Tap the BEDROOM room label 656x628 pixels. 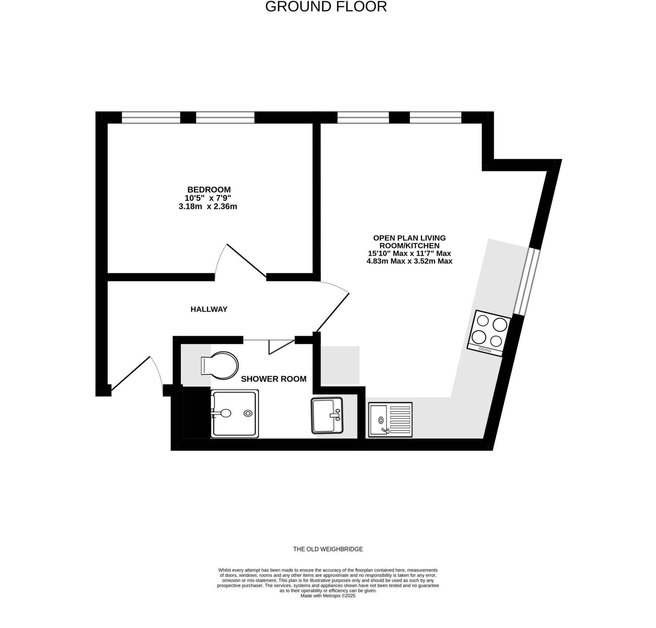tap(209, 190)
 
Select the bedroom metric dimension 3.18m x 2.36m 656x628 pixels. tap(208, 207)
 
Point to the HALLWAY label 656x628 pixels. tap(209, 309)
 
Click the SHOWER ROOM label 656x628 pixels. tap(274, 379)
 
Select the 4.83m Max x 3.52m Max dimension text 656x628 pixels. tap(409, 261)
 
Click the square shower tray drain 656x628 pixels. tap(248, 413)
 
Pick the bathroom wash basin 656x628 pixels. tap(327, 416)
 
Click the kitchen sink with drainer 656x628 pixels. tap(390, 420)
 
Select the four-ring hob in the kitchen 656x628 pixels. tap(489, 333)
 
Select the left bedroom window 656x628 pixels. tap(151, 118)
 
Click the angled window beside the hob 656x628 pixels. tap(527, 281)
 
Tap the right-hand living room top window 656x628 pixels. tap(435, 118)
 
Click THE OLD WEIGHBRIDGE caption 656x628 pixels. tap(328, 549)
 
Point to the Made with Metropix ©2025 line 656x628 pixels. tap(328, 596)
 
